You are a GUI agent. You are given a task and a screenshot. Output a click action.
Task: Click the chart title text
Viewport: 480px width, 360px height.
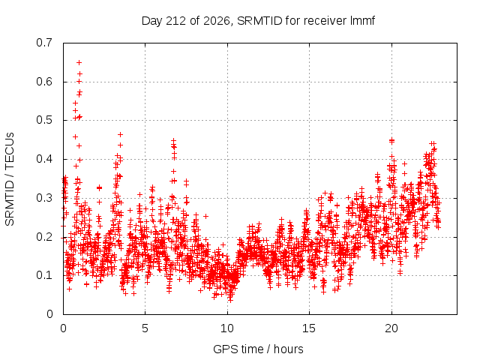click(x=258, y=21)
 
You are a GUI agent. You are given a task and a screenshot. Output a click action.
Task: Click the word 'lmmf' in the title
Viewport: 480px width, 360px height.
click(x=362, y=20)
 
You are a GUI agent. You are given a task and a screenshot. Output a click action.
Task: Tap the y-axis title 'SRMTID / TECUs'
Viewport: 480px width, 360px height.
click(x=10, y=179)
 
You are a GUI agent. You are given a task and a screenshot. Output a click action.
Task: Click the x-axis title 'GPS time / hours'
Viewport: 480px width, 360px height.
click(x=258, y=349)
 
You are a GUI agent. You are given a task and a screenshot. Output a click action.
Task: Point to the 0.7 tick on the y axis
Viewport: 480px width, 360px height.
click(x=44, y=43)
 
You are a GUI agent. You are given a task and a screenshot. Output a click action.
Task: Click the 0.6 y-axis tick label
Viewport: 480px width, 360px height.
click(x=44, y=82)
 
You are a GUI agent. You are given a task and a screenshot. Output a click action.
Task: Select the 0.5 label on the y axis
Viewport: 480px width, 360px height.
click(x=44, y=120)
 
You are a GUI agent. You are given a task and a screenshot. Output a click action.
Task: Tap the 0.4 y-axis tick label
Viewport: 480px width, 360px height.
click(x=44, y=159)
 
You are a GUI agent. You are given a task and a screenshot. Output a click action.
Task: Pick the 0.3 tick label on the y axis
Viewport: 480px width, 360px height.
click(x=44, y=198)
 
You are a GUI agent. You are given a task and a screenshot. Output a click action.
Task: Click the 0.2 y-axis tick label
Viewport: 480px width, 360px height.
click(x=44, y=237)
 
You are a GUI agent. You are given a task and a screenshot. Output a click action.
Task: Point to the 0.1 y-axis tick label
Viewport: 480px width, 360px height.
click(x=44, y=275)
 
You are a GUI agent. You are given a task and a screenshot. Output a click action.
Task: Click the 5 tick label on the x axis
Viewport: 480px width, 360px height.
click(x=145, y=328)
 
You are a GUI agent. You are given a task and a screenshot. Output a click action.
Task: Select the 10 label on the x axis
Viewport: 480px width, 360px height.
click(x=227, y=328)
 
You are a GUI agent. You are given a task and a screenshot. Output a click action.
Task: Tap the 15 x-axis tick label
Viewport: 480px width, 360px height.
click(x=309, y=328)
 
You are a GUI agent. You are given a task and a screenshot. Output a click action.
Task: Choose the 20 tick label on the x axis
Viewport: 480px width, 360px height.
click(x=391, y=328)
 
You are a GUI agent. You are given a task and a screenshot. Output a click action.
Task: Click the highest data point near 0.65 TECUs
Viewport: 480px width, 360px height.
click(x=79, y=63)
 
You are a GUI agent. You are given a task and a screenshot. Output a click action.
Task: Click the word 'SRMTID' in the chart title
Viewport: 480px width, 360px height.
click(x=259, y=21)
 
